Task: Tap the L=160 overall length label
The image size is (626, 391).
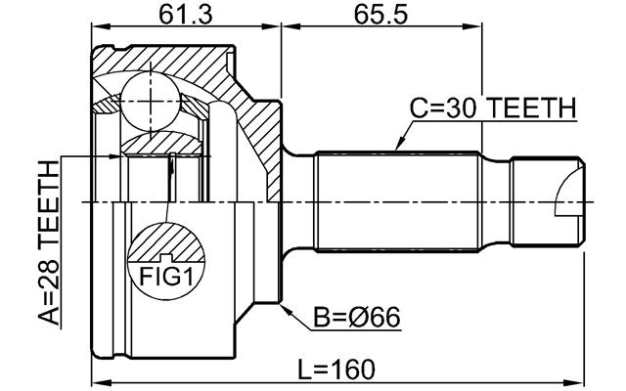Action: (335, 369)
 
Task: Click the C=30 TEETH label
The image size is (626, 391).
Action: (493, 109)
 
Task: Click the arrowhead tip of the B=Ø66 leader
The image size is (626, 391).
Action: (283, 307)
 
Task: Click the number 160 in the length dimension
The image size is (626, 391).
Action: (353, 369)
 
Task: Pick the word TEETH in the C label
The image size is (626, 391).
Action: (536, 109)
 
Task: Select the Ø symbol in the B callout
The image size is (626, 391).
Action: (367, 318)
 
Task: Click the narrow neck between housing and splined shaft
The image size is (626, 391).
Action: (298, 201)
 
